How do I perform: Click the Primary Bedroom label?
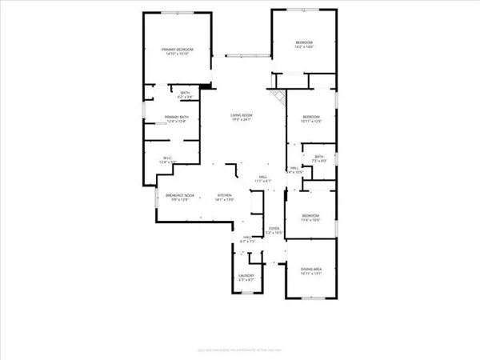point(178,50)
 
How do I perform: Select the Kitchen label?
point(223,195)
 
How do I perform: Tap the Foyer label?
point(274,229)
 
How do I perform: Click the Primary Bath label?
point(175,118)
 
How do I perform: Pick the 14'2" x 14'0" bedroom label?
point(304,42)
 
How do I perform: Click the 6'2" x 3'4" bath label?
point(185,94)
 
